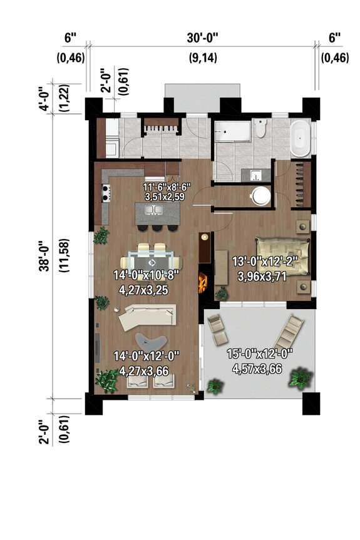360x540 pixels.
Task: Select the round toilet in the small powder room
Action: point(260,196)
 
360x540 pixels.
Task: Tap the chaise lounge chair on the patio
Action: point(289,328)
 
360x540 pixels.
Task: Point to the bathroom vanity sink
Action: point(255,175)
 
